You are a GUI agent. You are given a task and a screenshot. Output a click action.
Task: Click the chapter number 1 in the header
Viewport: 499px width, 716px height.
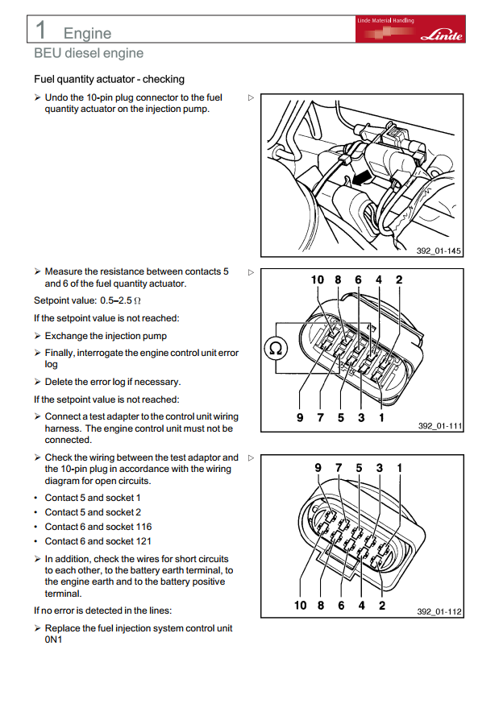pyautogui.click(x=40, y=29)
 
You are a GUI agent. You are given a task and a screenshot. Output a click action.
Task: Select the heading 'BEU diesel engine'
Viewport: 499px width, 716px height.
pyautogui.click(x=89, y=53)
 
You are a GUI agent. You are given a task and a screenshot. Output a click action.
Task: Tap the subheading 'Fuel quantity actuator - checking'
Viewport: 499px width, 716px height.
pyautogui.click(x=109, y=79)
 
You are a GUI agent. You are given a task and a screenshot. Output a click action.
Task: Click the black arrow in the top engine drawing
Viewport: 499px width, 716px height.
pyautogui.click(x=364, y=174)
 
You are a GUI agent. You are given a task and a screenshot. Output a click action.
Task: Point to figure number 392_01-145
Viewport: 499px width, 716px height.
pyautogui.click(x=439, y=251)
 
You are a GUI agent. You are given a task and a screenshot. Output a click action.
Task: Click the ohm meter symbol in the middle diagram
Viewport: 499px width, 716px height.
pyautogui.click(x=276, y=349)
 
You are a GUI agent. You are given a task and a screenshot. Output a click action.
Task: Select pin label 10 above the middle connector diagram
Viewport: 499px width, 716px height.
pyautogui.click(x=317, y=280)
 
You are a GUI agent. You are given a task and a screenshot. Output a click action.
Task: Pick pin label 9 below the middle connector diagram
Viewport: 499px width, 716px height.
pyautogui.click(x=299, y=418)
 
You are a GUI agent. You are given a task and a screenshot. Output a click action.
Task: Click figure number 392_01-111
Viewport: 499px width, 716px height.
pyautogui.click(x=439, y=426)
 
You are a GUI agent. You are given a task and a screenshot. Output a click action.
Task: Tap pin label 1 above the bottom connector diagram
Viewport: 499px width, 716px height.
pyautogui.click(x=399, y=467)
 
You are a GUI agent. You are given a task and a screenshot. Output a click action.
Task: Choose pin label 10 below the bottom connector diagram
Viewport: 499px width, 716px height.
pyautogui.click(x=301, y=605)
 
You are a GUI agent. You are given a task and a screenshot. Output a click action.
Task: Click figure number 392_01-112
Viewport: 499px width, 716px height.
pyautogui.click(x=439, y=612)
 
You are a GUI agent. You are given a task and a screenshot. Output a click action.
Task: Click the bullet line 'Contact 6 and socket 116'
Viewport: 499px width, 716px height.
pyautogui.click(x=98, y=527)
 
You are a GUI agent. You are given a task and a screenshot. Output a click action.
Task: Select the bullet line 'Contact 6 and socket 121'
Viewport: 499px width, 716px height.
pyautogui.click(x=98, y=541)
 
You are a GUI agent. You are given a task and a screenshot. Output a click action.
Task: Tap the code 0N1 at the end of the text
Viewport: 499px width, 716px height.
pyautogui.click(x=53, y=640)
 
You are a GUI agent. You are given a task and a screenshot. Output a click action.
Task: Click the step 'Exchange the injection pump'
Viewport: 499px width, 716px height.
pyautogui.click(x=106, y=336)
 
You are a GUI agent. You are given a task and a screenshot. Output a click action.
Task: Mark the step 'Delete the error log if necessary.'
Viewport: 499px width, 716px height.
pyautogui.click(x=113, y=382)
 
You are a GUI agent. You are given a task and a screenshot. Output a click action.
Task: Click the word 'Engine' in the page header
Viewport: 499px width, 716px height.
pyautogui.click(x=87, y=33)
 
